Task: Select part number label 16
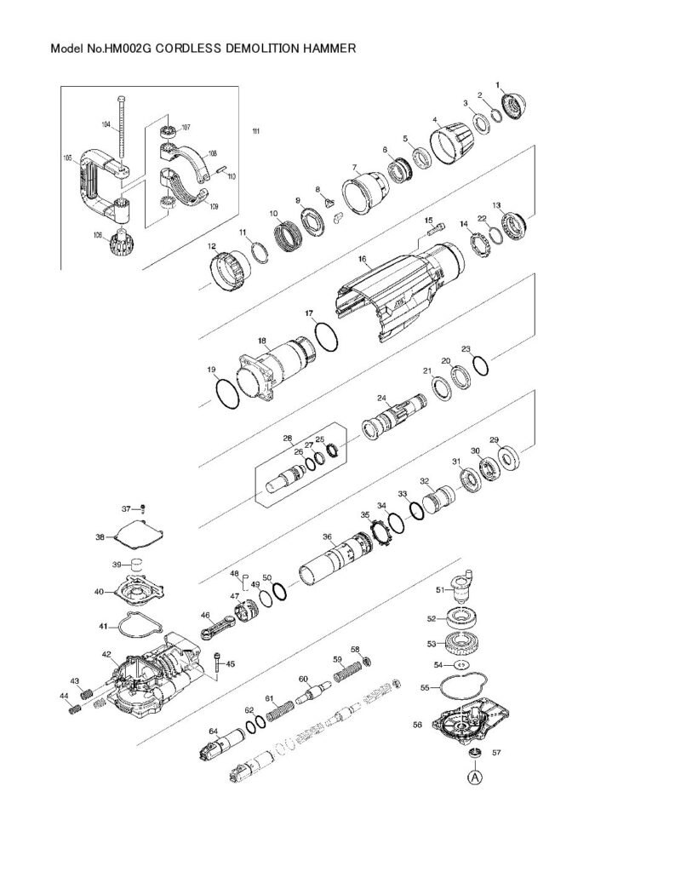pyautogui.click(x=362, y=259)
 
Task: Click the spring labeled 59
pyautogui.click(x=344, y=674)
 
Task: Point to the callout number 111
pyautogui.click(x=256, y=130)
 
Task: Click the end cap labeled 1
pyautogui.click(x=515, y=106)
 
